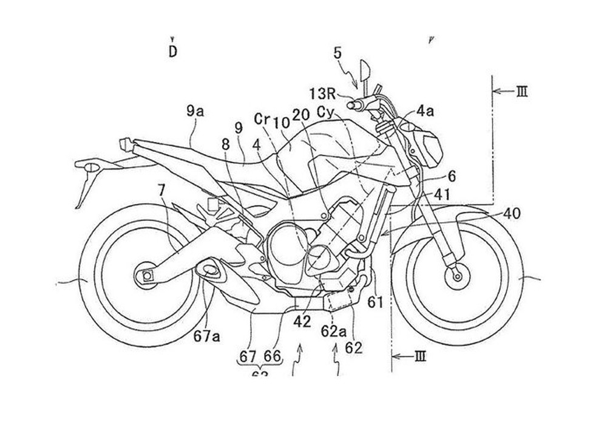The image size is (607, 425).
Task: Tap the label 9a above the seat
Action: [x=195, y=110]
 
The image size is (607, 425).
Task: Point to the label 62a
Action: [x=334, y=331]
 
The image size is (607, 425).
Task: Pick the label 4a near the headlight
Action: [x=425, y=111]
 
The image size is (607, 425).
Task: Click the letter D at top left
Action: [x=173, y=52]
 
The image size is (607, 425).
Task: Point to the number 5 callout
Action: [x=337, y=53]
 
